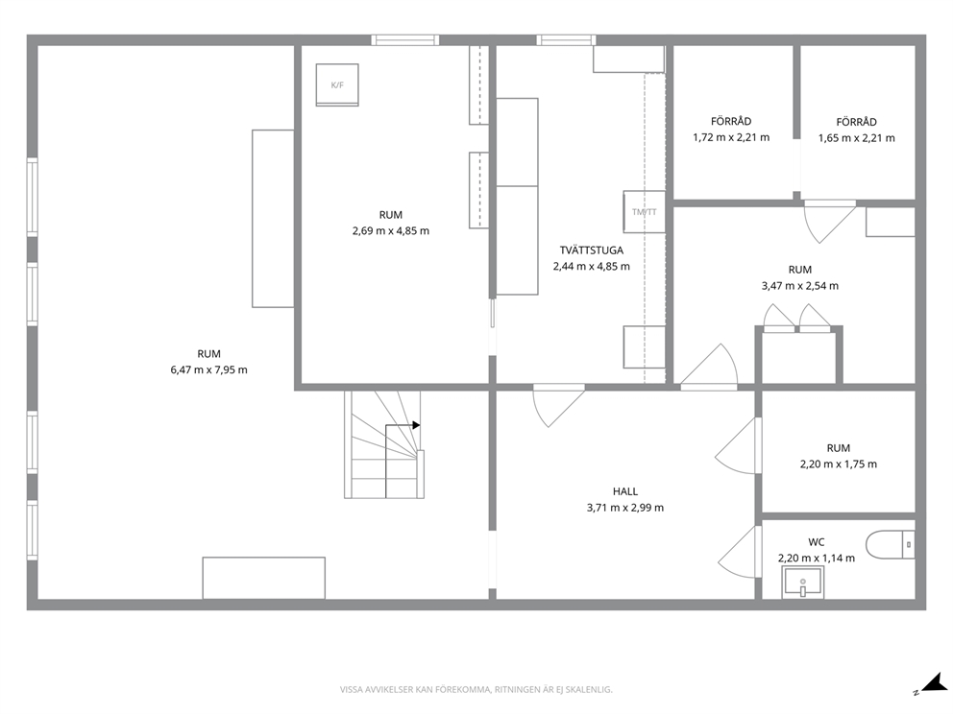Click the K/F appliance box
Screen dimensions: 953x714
click(x=336, y=85)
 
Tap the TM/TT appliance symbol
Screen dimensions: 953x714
click(x=645, y=212)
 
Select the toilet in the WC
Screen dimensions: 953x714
click(x=890, y=544)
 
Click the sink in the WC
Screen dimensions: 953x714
click(x=803, y=582)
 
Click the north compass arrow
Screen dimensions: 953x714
click(x=933, y=683)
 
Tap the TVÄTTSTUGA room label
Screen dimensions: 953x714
click(x=592, y=250)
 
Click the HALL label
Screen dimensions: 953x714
click(x=624, y=491)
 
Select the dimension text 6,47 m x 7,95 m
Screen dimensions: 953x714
click(x=209, y=369)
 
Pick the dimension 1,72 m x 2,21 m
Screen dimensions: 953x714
click(x=731, y=138)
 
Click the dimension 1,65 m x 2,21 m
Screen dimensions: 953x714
click(x=856, y=138)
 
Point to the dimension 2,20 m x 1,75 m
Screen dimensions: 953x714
click(x=839, y=464)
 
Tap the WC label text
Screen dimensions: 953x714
click(x=817, y=542)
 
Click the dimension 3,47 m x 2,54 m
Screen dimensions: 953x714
click(x=800, y=286)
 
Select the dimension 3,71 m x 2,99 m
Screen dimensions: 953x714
click(x=624, y=508)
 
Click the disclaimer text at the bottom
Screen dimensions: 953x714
click(x=476, y=690)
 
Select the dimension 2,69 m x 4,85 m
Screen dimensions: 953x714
click(x=391, y=231)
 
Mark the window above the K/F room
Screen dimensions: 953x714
click(x=405, y=40)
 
